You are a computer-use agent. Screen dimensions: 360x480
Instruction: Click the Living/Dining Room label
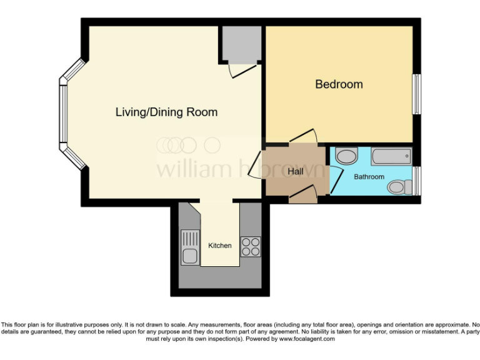pos(166,112)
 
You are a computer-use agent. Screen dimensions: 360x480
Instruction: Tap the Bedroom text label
pos(339,84)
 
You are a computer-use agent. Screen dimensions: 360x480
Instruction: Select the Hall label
pos(296,171)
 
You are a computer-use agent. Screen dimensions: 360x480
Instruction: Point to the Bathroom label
pos(369,177)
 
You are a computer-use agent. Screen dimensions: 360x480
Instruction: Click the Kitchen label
pos(219,246)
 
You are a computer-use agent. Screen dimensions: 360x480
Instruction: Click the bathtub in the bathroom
pos(391,156)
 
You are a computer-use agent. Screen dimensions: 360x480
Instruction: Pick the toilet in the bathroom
pos(398,186)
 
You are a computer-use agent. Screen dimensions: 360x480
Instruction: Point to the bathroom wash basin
pos(346,155)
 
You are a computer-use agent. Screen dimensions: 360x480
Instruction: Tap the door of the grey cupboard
pos(240,71)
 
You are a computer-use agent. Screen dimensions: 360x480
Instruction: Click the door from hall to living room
pos(256,166)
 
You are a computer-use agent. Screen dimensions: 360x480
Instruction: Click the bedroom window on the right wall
pos(416,94)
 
